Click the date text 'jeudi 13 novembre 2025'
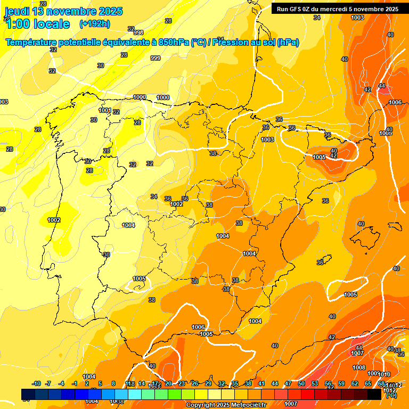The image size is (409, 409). pyautogui.click(x=63, y=11)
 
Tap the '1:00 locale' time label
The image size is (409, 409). pyautogui.click(x=37, y=24)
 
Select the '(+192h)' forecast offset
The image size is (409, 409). pyautogui.click(x=94, y=24)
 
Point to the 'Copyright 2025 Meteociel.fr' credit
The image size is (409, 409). pyautogui.click(x=226, y=405)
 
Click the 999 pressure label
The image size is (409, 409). pyautogui.click(x=156, y=58)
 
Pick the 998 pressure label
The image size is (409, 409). pyautogui.click(x=138, y=32)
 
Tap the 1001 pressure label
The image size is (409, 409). pyautogui.click(x=105, y=110)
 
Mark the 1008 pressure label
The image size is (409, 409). pyautogui.click(x=359, y=367)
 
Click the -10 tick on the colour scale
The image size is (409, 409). pyautogui.click(x=36, y=384)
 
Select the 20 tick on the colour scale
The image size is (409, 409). pyautogui.click(x=168, y=384)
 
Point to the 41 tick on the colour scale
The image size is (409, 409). pyautogui.click(x=261, y=384)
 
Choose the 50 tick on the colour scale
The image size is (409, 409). pyautogui.click(x=301, y=384)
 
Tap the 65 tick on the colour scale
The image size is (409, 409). pyautogui.click(x=368, y=384)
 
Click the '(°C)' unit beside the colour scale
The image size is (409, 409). pyautogui.click(x=391, y=395)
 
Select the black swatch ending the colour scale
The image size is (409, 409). pyautogui.click(x=374, y=394)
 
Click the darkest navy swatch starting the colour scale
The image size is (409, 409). pyautogui.click(x=28, y=394)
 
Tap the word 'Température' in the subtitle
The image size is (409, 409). pyautogui.click(x=31, y=43)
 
